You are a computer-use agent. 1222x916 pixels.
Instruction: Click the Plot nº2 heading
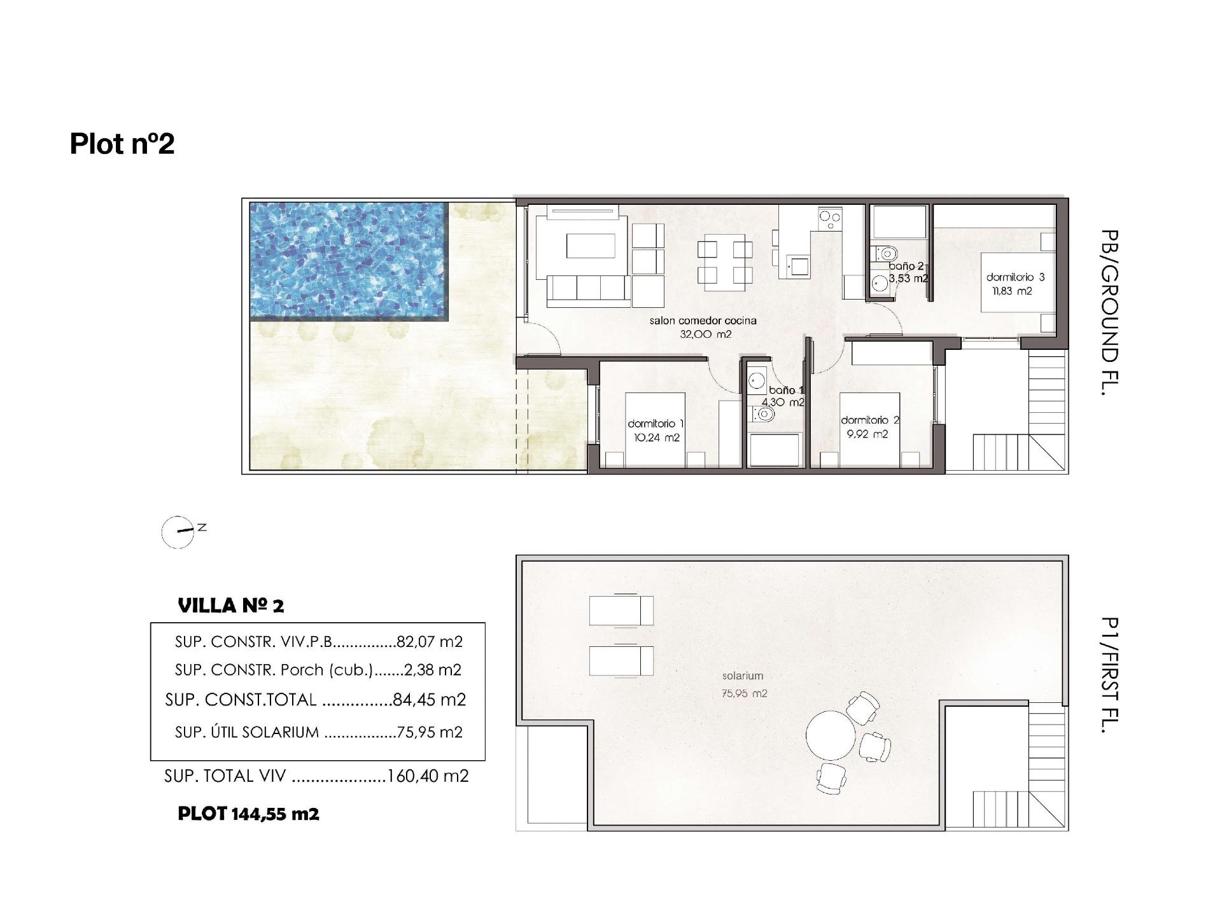[x=122, y=144]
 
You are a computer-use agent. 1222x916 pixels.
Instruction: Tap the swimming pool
[x=349, y=259]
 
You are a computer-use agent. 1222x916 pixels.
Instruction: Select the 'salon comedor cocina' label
[x=703, y=321]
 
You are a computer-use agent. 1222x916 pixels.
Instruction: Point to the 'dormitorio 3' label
[x=1015, y=277]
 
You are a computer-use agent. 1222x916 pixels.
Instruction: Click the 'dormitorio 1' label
[x=656, y=424]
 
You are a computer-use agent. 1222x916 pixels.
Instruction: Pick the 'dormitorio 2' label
[x=869, y=420]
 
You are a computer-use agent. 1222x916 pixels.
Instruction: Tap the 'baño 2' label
[x=906, y=267]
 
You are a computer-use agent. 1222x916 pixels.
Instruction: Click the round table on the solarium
[x=830, y=735]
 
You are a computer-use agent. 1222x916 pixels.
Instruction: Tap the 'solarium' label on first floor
[x=742, y=676]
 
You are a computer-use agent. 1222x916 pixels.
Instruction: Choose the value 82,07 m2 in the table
[x=429, y=642]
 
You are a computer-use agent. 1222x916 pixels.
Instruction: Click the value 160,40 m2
[x=428, y=776]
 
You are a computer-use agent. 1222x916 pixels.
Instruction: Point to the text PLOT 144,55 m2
[x=248, y=814]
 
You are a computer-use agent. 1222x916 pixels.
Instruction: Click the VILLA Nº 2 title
[x=231, y=606]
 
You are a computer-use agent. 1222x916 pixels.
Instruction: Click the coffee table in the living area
[x=591, y=246]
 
